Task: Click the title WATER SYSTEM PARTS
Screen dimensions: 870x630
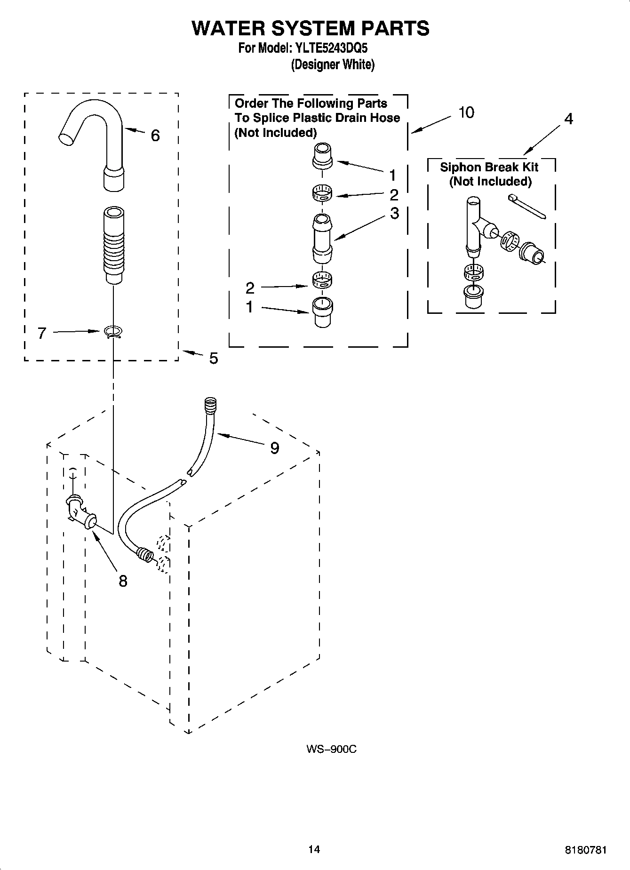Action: coord(310,28)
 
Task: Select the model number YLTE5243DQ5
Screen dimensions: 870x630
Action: coord(331,48)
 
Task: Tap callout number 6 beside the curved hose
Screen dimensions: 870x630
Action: coord(155,136)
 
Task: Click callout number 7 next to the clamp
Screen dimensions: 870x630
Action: coord(42,334)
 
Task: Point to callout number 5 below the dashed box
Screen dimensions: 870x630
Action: coord(213,359)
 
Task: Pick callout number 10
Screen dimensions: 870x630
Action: coord(466,113)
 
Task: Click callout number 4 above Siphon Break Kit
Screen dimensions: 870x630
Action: coord(568,119)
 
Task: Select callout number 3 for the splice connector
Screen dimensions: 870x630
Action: coord(394,213)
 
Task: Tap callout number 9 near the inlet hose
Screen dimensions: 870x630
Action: coord(274,448)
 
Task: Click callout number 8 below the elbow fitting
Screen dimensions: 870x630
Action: coord(123,582)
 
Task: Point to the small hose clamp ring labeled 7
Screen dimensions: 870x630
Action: coord(113,332)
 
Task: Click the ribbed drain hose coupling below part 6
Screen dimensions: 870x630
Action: coord(113,245)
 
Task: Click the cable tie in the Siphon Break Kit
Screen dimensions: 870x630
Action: coord(526,206)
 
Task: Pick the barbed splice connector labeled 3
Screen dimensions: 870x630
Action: coord(322,239)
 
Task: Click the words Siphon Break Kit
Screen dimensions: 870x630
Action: coord(489,168)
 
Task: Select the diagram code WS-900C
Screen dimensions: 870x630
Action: coord(331,749)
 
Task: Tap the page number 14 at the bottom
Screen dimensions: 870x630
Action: coord(314,849)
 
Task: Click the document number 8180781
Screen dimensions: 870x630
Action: coord(585,850)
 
